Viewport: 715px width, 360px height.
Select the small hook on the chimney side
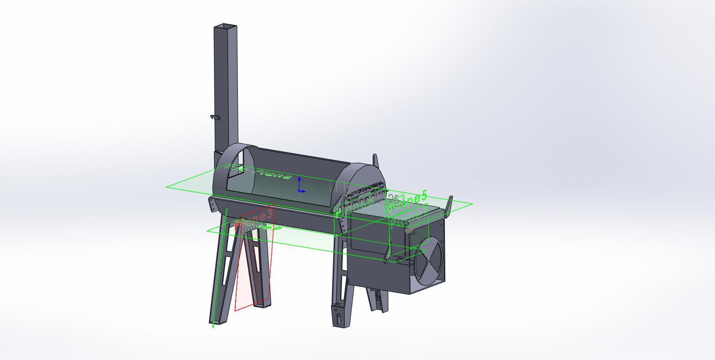coord(214,117)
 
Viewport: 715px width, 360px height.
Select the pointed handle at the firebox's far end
coord(449,205)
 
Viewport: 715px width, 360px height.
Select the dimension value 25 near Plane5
coord(393,198)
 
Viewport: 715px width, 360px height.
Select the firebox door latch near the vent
coord(409,230)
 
